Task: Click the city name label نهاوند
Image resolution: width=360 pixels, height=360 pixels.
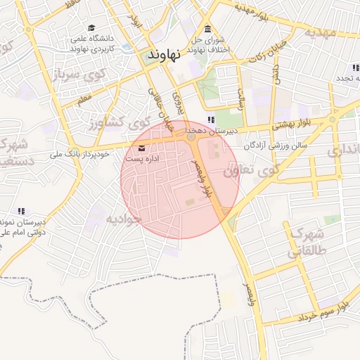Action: click(167, 53)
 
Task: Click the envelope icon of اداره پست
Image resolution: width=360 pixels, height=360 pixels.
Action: click(143, 148)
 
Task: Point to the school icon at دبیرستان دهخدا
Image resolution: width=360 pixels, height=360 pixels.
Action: click(212, 120)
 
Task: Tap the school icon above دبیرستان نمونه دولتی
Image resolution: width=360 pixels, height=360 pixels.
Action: click(21, 210)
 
